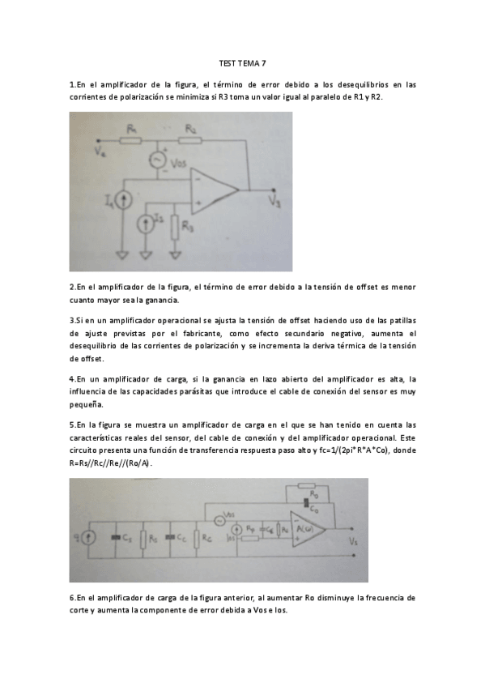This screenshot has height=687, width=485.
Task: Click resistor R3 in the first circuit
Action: click(x=175, y=226)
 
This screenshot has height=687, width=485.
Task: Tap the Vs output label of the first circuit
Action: click(x=275, y=203)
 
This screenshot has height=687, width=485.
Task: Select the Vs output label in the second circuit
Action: click(x=352, y=540)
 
